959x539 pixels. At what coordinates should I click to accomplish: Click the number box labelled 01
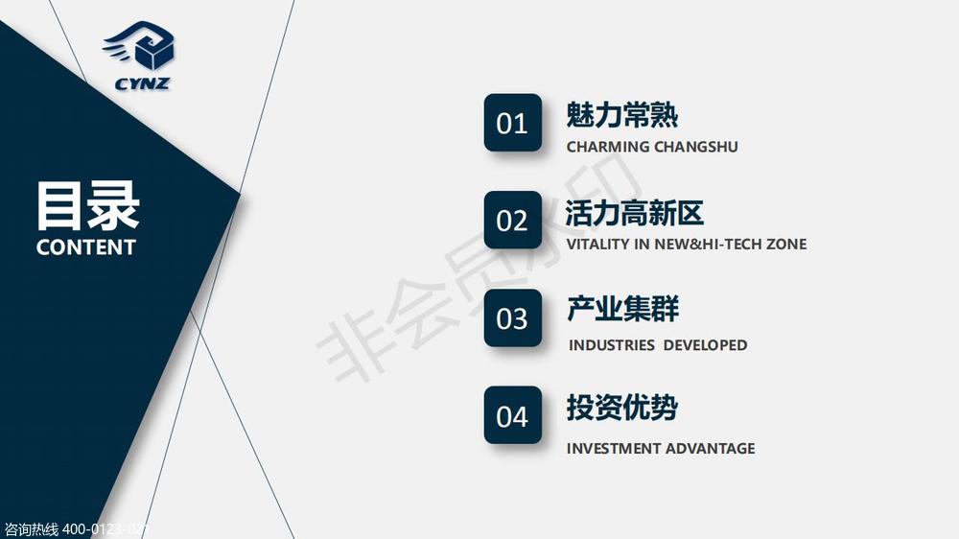(x=512, y=123)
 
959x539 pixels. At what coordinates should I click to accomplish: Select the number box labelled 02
(x=512, y=220)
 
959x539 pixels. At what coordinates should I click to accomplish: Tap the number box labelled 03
(x=512, y=317)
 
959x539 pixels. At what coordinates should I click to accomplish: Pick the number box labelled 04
(x=512, y=415)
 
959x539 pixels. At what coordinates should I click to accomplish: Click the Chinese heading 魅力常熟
(x=622, y=115)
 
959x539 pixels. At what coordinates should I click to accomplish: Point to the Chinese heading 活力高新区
(x=635, y=213)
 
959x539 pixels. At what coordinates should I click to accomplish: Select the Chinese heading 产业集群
(x=622, y=309)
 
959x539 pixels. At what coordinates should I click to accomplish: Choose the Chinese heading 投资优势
(x=622, y=408)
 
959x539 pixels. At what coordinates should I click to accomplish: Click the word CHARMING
(x=607, y=147)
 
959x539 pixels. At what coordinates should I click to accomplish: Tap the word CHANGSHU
(x=696, y=147)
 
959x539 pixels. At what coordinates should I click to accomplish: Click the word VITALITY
(x=597, y=245)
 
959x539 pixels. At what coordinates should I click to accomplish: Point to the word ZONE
(x=786, y=245)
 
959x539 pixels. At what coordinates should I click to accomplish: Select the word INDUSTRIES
(x=612, y=345)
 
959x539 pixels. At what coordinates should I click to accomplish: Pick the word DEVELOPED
(x=705, y=345)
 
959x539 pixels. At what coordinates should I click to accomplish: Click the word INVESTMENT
(x=613, y=449)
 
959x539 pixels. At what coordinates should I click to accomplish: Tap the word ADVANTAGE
(x=710, y=449)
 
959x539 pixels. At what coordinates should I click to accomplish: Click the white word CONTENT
(x=85, y=247)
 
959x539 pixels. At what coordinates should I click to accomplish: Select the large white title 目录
(x=88, y=206)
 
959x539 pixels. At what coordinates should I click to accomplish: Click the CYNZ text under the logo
(x=142, y=83)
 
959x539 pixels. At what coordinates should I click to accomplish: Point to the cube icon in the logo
(x=153, y=52)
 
